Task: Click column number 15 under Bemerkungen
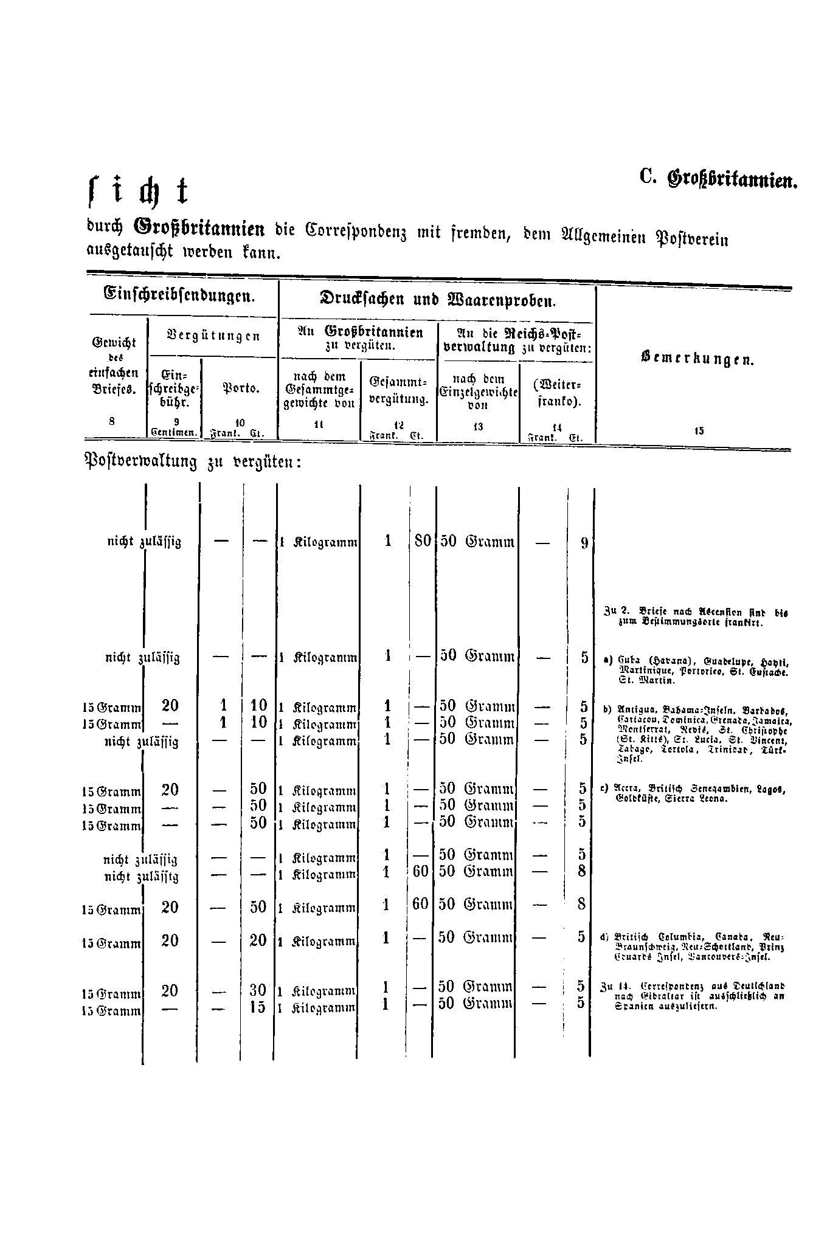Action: point(698,431)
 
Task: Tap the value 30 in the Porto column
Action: point(258,990)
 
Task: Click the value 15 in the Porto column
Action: point(258,1007)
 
